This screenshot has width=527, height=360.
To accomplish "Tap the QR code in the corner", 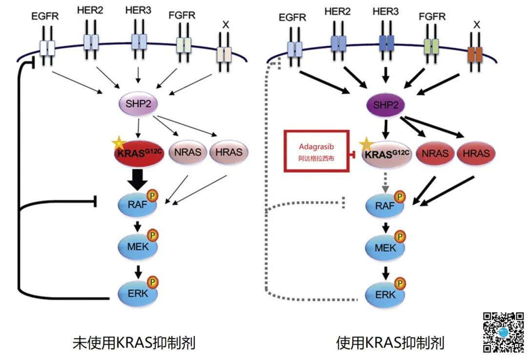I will pos(503,332).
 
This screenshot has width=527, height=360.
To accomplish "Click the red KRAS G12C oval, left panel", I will pos(139,152).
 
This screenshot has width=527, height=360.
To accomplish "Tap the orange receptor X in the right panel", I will pos(474,54).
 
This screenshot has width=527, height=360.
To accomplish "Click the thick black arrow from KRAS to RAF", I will pos(139,180).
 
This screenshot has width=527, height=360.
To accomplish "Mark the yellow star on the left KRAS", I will pos(118,143).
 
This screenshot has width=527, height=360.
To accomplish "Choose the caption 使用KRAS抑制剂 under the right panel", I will pos(390,343).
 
